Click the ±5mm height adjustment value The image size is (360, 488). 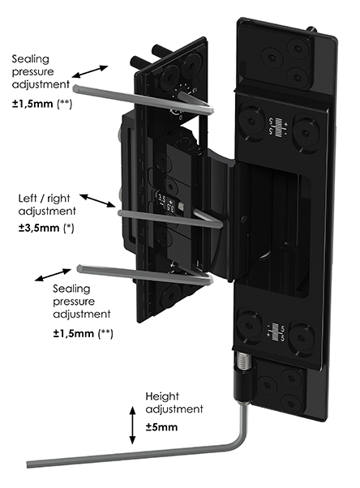click(x=161, y=427)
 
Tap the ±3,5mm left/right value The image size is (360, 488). click(x=39, y=228)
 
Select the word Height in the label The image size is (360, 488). click(x=162, y=396)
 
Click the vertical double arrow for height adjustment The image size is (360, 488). click(x=133, y=425)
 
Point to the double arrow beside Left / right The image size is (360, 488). click(x=98, y=201)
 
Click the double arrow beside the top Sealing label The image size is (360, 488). click(x=90, y=71)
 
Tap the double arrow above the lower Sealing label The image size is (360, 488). click(x=53, y=275)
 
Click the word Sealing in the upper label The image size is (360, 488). click(x=31, y=59)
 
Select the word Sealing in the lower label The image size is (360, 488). click(x=71, y=289)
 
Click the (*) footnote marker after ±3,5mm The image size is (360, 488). click(x=68, y=228)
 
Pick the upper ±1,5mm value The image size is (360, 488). click(x=32, y=104)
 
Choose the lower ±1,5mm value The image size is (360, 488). click(x=74, y=334)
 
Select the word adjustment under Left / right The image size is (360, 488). click(x=47, y=212)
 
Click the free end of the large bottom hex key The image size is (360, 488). click(x=28, y=464)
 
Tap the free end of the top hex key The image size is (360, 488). click(x=75, y=88)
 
